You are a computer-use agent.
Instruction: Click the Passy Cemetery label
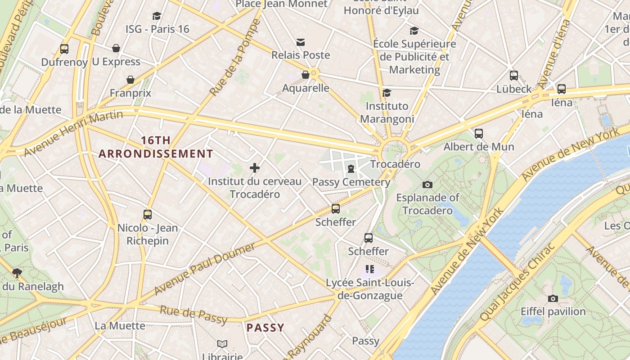(x=351, y=182)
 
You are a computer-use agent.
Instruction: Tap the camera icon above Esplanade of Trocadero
(x=427, y=184)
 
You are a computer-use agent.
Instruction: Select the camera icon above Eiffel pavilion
(x=553, y=298)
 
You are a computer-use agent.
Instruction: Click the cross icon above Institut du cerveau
(x=255, y=168)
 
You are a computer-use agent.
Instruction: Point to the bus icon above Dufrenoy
(x=64, y=49)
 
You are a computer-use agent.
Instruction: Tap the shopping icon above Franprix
(x=130, y=80)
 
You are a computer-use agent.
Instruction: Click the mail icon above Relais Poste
(x=301, y=42)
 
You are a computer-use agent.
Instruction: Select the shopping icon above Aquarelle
(x=306, y=75)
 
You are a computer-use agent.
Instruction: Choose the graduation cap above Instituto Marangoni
(x=387, y=93)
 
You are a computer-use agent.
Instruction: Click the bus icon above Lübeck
(x=514, y=76)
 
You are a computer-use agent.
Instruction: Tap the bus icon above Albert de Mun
(x=479, y=133)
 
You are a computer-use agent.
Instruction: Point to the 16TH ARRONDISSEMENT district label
(x=156, y=147)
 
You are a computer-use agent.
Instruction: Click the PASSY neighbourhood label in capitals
(x=265, y=328)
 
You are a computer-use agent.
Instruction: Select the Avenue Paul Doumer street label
(x=205, y=269)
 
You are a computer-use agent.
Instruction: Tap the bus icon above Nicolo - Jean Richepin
(x=148, y=214)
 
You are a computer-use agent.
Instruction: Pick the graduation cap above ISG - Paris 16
(x=157, y=16)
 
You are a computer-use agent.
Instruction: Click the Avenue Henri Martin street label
(x=73, y=133)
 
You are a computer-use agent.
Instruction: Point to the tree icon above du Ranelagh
(x=17, y=273)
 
